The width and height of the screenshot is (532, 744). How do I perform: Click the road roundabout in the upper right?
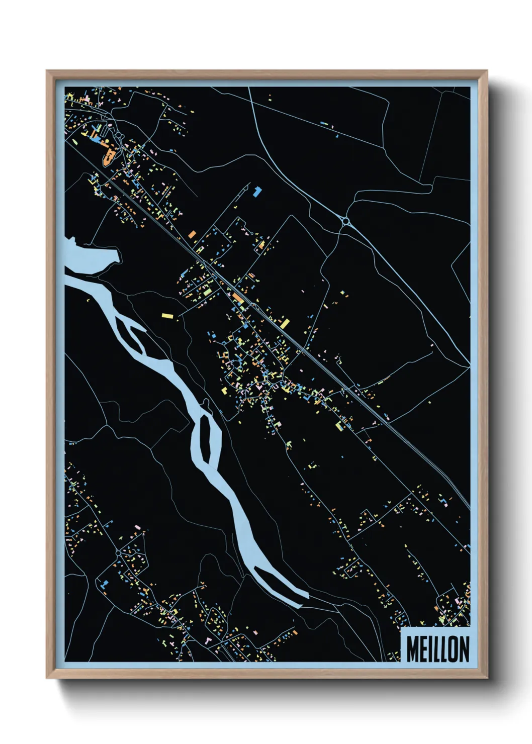pos(345,221)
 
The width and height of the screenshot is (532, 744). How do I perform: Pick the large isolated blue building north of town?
pos(257,191)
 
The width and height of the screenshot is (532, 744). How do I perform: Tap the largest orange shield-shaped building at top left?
pos(107,158)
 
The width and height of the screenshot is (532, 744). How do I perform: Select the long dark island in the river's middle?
pos(206,439)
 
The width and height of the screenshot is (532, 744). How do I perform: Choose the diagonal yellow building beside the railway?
pos(285,323)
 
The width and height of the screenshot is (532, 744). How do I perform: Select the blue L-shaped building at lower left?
pos(104,584)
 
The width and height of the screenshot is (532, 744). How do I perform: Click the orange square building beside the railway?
pos(192,234)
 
